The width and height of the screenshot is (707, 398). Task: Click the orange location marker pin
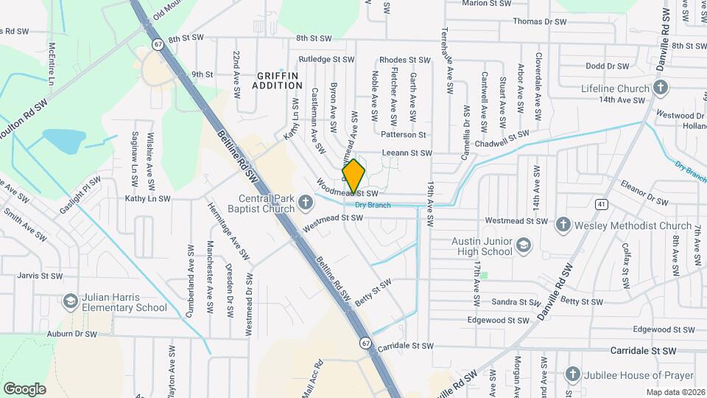[353, 175]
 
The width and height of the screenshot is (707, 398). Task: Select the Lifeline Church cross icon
[661, 89]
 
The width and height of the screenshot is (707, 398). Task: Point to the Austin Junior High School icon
[523, 245]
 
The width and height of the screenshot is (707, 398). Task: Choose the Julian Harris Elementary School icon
[71, 301]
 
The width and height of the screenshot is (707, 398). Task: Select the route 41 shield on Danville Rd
[602, 203]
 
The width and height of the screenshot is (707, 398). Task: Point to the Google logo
[24, 388]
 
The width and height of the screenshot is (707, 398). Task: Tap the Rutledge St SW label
[326, 60]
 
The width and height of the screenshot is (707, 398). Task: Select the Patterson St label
[404, 135]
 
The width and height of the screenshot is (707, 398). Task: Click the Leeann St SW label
[404, 153]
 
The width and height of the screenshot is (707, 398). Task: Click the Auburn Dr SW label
[71, 334]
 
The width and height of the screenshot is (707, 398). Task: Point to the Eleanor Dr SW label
[644, 194]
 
